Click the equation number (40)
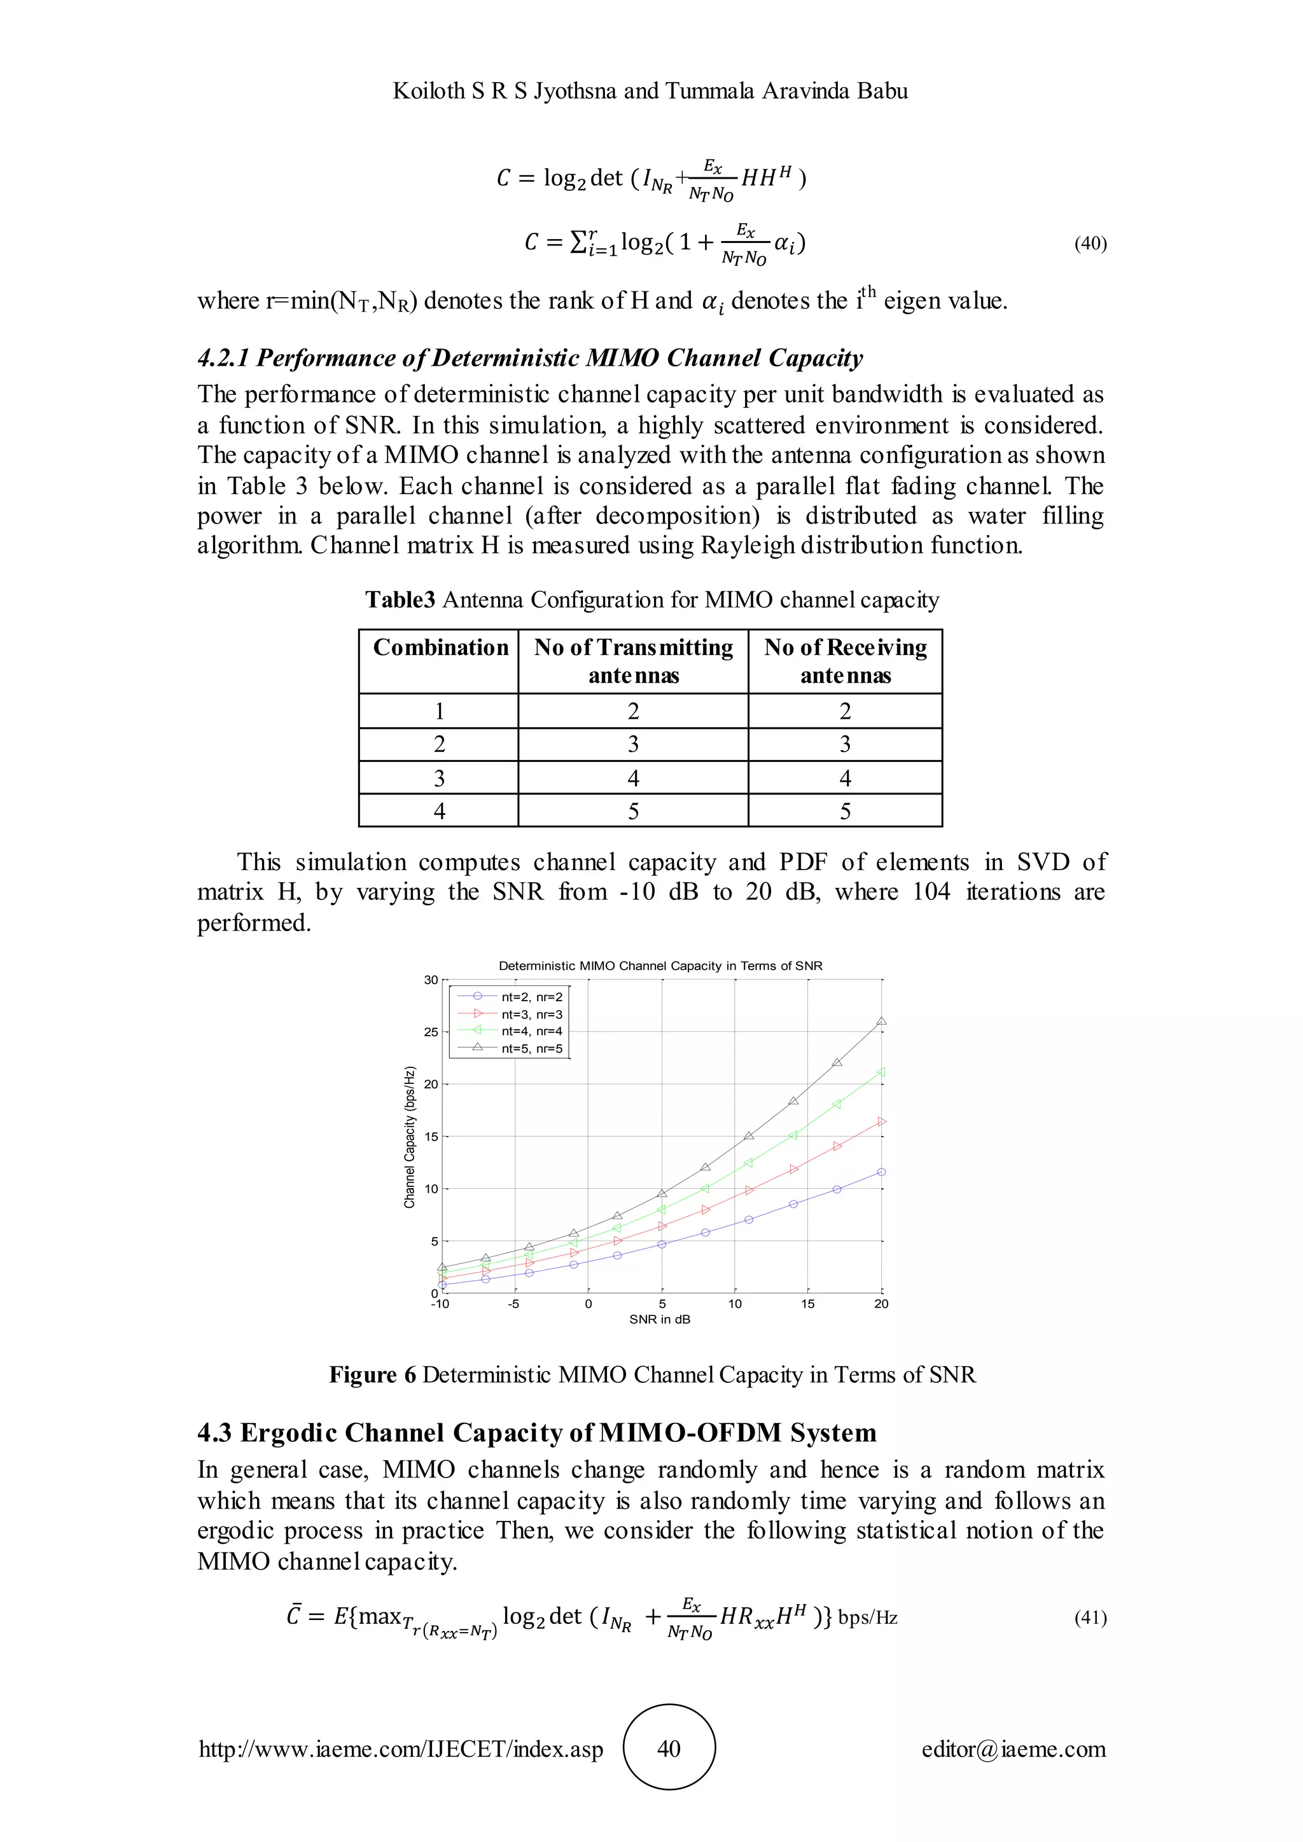(1090, 244)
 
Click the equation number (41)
(1090, 1617)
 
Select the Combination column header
(440, 647)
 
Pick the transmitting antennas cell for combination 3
(633, 778)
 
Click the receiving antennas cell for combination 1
(845, 712)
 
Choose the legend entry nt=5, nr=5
(532, 1049)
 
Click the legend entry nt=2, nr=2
(532, 997)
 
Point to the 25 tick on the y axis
(431, 1032)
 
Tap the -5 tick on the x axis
(513, 1305)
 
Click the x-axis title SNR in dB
(660, 1320)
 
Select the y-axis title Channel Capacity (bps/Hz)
(410, 1137)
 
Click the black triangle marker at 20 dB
(881, 1021)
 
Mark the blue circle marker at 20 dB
(881, 1172)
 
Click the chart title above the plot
(660, 966)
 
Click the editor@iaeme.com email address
(1014, 1749)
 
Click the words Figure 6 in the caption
(372, 1375)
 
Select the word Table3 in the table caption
(400, 600)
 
